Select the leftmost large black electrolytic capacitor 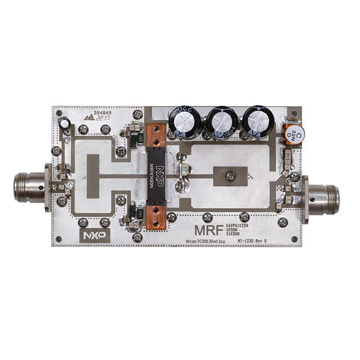(x=186, y=122)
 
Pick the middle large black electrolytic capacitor (x=221, y=121)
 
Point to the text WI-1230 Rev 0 (x=255, y=240)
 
